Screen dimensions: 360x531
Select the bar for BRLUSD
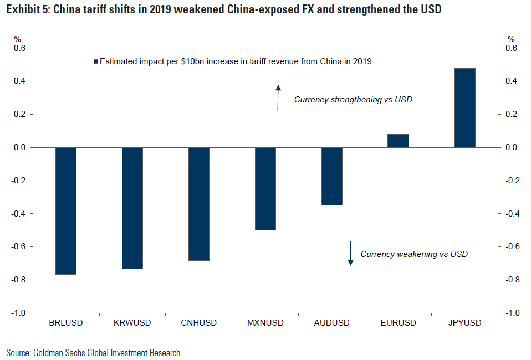tap(66, 210)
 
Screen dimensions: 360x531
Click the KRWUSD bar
tap(132, 208)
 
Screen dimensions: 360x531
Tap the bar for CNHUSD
tap(199, 204)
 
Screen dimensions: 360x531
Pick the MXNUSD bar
tap(265, 188)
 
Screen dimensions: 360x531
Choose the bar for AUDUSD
tap(332, 176)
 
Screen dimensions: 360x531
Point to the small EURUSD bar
tap(398, 141)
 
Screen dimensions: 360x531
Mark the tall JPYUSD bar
tap(464, 108)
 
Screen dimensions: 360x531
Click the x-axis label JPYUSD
tap(464, 323)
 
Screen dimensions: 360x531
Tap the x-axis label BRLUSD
tap(66, 323)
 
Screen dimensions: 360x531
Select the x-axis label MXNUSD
tap(265, 323)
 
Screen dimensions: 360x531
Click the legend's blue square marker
tap(95, 62)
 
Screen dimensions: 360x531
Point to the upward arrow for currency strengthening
tap(278, 97)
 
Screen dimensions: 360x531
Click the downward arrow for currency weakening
tap(350, 253)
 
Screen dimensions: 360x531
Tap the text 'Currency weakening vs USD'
tap(414, 254)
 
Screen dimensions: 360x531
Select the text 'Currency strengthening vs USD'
tap(353, 100)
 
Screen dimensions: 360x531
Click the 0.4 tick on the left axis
tap(19, 81)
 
